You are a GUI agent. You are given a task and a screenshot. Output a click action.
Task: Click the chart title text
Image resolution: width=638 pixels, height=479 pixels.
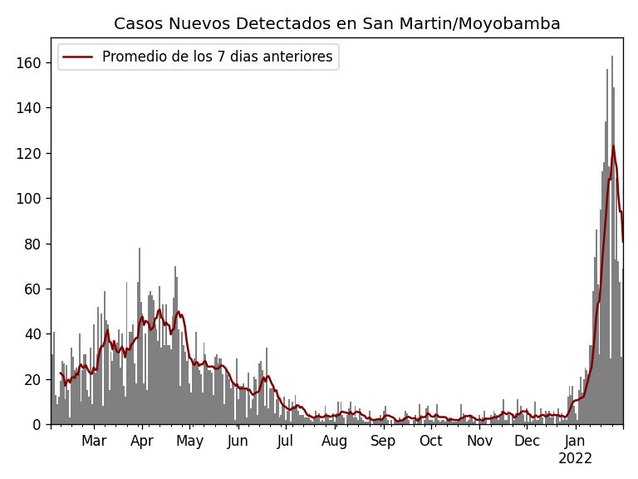point(336,24)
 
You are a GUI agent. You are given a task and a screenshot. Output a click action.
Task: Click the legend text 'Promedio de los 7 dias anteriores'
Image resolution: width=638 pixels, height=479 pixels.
point(217,57)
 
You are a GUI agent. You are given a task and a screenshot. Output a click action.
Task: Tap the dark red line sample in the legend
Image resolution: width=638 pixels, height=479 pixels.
point(79,57)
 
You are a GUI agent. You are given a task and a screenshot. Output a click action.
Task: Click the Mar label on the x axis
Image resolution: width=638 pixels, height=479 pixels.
point(94,442)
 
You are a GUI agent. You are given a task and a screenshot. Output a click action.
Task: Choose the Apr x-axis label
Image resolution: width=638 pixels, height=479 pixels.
point(142,442)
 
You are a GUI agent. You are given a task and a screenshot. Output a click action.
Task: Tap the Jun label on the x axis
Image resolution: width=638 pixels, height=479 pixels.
point(238,442)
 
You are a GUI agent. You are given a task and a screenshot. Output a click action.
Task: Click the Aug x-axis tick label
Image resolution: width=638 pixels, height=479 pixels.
point(334,442)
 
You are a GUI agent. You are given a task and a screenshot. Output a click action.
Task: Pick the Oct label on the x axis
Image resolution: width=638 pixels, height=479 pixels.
point(431,442)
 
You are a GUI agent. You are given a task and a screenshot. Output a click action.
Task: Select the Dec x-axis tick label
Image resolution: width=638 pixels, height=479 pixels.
point(527,442)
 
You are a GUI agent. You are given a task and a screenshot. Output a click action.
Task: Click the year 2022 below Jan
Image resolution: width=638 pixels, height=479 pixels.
point(575,459)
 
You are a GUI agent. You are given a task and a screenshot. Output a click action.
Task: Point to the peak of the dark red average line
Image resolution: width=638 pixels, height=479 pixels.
point(614,146)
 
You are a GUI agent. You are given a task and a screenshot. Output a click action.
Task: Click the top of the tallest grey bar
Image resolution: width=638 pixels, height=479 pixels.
point(612,57)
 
